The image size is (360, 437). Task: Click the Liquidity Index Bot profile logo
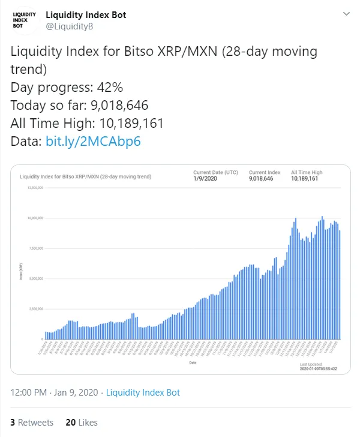pyautogui.click(x=24, y=20)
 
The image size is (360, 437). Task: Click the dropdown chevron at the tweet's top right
pyautogui.click(x=346, y=13)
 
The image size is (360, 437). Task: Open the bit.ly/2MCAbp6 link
pyautogui.click(x=93, y=142)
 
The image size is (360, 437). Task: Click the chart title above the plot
pyautogui.click(x=86, y=177)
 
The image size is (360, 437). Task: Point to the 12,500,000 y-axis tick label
pyautogui.click(x=35, y=188)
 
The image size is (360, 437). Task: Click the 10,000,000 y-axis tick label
pyautogui.click(x=35, y=218)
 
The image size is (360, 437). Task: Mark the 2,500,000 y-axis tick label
pyautogui.click(x=35, y=309)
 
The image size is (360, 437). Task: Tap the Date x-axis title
pyautogui.click(x=193, y=363)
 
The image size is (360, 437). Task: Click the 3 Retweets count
pyautogui.click(x=32, y=423)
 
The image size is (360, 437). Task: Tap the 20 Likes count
pyautogui.click(x=82, y=423)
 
